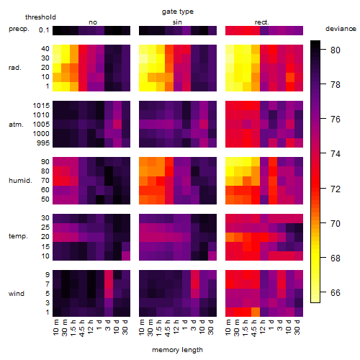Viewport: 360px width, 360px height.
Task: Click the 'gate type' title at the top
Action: (178, 12)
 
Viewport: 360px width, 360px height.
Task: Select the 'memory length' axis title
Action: (177, 350)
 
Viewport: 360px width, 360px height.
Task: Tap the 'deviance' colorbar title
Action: (341, 29)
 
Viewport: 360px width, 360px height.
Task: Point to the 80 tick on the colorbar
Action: (323, 50)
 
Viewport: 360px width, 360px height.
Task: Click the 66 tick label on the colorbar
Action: (336, 292)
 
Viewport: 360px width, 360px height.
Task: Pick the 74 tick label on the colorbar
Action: (336, 153)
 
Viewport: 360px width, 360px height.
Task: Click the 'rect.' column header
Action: (261, 22)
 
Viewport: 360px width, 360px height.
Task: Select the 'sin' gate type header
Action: (177, 22)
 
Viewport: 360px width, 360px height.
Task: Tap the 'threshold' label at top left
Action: (40, 17)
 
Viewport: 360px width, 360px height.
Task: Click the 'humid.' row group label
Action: (20, 181)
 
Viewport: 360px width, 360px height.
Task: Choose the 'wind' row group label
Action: (17, 294)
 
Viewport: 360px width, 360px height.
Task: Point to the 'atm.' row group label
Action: (16, 125)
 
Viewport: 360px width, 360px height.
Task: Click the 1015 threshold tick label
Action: (41, 106)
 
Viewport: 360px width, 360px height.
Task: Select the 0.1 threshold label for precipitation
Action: (44, 30)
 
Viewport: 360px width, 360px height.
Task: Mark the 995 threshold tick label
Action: (43, 143)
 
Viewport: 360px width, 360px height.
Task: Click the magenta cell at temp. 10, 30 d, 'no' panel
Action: (126, 256)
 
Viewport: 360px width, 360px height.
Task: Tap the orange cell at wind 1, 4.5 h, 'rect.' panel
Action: (256, 312)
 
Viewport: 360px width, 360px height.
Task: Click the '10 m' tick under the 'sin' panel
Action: (143, 327)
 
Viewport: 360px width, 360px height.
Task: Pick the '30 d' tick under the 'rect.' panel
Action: (298, 327)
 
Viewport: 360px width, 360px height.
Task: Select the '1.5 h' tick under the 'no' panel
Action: (73, 328)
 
